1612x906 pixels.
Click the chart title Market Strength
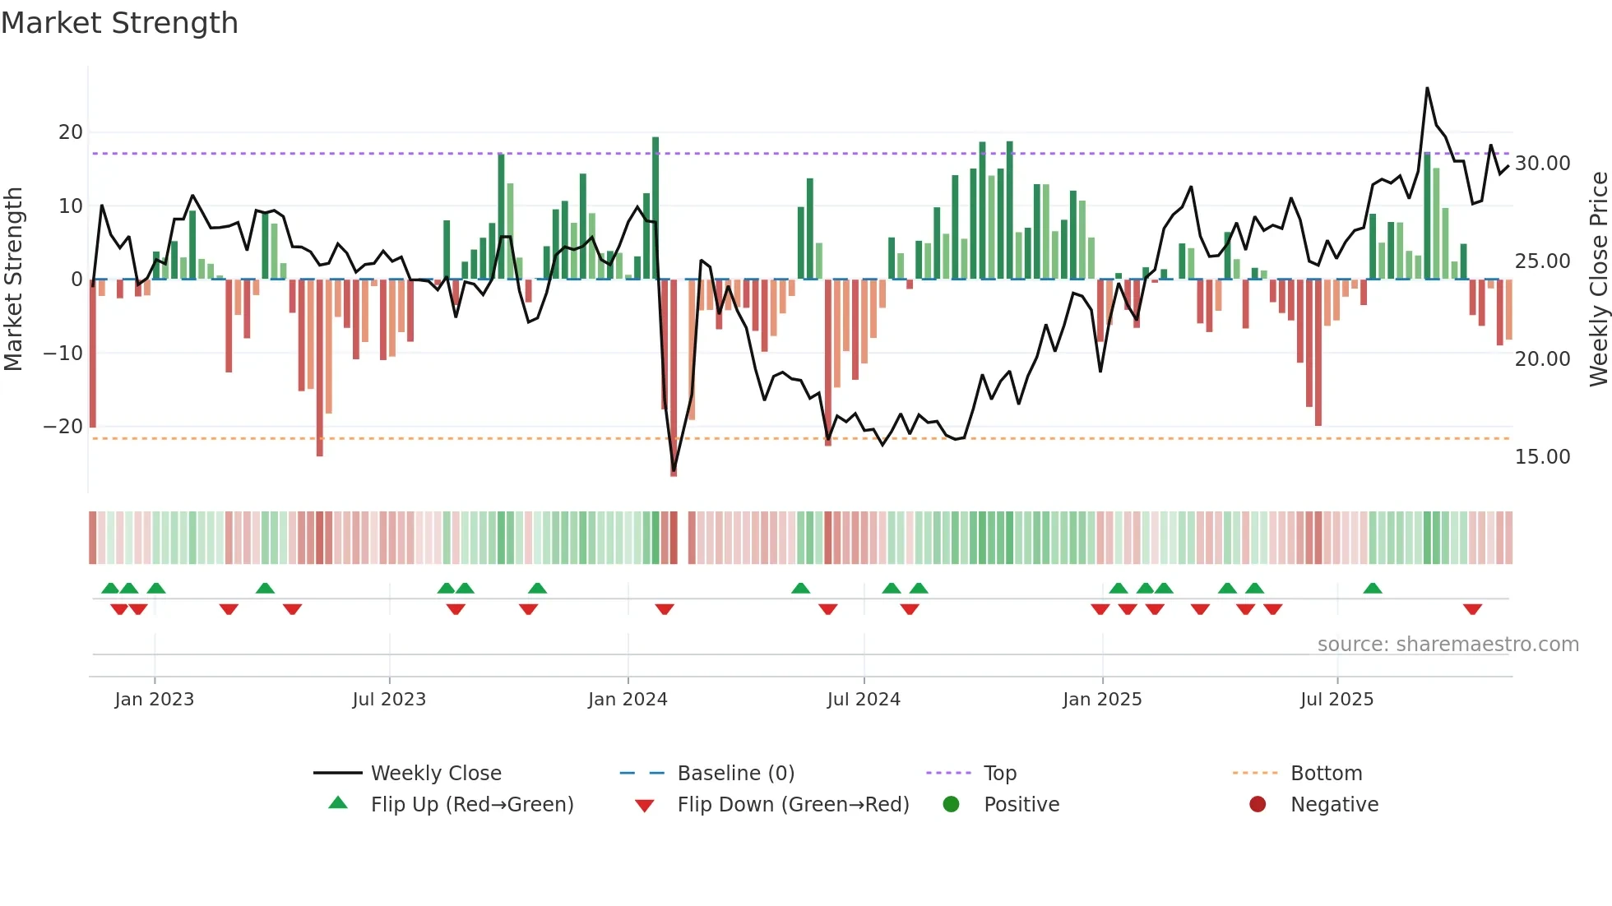[x=119, y=23]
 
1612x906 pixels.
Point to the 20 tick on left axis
[x=71, y=132]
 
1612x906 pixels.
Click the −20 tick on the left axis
[x=63, y=427]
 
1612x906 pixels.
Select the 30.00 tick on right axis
[x=1542, y=164]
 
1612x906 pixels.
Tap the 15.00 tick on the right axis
[x=1542, y=457]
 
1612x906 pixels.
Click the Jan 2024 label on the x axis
[x=628, y=700]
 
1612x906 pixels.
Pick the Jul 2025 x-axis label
[x=1336, y=700]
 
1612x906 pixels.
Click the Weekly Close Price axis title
[x=1598, y=280]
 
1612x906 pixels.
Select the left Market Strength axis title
[x=13, y=280]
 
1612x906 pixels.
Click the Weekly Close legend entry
[x=435, y=774]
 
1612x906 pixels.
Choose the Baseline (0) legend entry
[x=735, y=774]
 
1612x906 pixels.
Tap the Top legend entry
[x=999, y=774]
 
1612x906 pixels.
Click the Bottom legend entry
[x=1326, y=774]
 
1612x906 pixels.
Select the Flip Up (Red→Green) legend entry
[x=471, y=805]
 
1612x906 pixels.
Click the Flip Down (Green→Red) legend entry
[x=793, y=805]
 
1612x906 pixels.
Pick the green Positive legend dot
[x=951, y=805]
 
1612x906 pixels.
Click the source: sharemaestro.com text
[x=1448, y=645]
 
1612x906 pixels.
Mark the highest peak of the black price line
[x=1427, y=88]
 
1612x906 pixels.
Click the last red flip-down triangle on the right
[x=1472, y=609]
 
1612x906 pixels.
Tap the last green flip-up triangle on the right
[x=1372, y=588]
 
